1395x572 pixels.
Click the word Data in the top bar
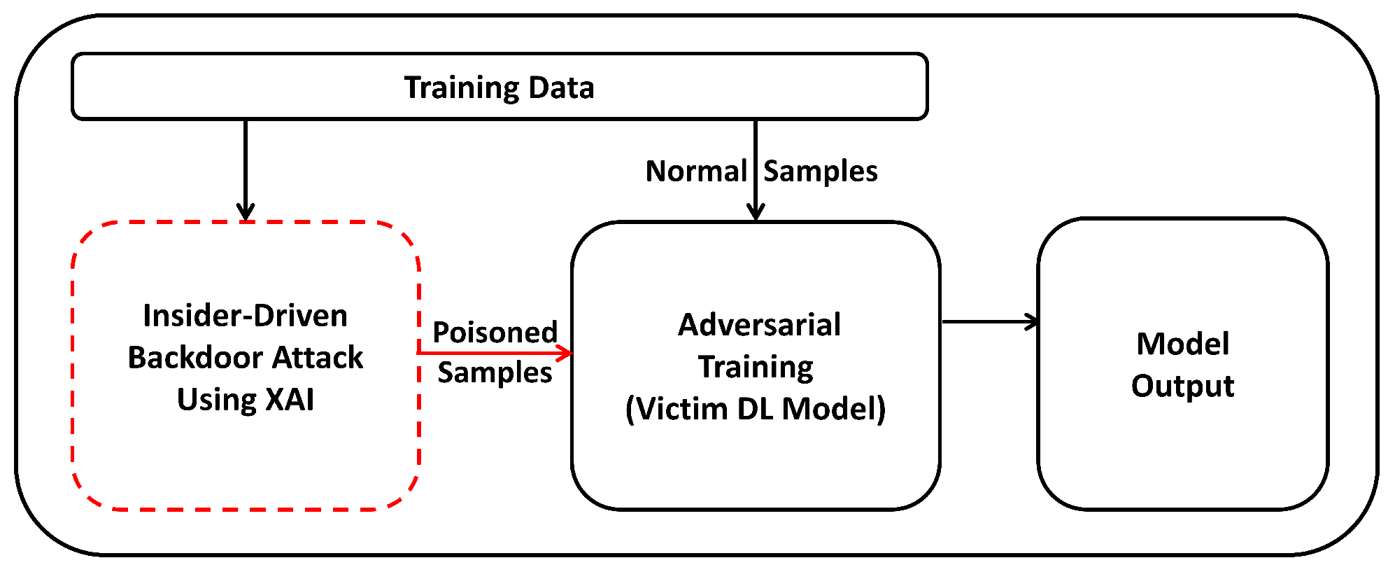[561, 88]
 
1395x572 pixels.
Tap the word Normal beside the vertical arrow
[696, 172]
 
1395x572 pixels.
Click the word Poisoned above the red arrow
[495, 332]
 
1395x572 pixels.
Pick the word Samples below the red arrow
[495, 372]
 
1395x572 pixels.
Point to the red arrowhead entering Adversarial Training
[566, 353]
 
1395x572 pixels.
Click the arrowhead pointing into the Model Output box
[1033, 322]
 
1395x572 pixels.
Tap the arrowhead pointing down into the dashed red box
[246, 211]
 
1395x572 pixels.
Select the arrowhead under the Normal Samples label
[756, 211]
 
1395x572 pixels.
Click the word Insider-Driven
[245, 316]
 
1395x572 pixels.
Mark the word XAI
[290, 400]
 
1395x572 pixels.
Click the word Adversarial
[759, 325]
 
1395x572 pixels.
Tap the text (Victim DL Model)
[756, 409]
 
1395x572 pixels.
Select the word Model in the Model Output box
[1182, 344]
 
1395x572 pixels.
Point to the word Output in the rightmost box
[1182, 386]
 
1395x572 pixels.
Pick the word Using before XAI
[216, 400]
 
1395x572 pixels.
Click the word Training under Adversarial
[756, 367]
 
